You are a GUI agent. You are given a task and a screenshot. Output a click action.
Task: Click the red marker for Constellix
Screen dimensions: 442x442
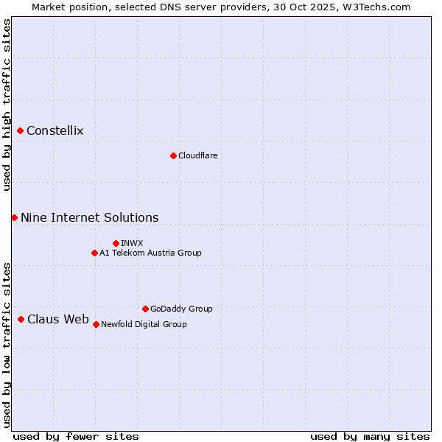[x=21, y=131]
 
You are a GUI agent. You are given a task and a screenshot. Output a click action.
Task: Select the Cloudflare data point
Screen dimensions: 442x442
[x=173, y=155]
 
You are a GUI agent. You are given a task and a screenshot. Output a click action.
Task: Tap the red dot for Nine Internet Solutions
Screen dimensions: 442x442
[x=15, y=217]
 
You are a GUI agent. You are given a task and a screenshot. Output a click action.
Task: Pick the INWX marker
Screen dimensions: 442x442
[x=116, y=243]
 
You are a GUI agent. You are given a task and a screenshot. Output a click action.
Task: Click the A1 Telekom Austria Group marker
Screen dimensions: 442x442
[x=94, y=253]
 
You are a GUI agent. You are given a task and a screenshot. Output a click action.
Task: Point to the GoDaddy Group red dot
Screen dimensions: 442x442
[x=145, y=309]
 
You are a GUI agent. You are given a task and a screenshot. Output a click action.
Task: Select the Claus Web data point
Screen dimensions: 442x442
[x=21, y=319]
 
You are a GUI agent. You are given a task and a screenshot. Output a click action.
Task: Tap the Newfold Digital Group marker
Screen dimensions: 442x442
[x=96, y=324]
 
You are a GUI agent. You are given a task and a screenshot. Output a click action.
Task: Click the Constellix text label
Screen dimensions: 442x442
[x=55, y=131]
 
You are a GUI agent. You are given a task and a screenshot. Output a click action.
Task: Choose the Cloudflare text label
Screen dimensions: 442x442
[x=198, y=155]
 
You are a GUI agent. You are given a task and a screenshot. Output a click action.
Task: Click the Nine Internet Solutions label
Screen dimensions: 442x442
[x=90, y=217]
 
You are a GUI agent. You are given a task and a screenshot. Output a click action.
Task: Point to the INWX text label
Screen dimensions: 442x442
[x=132, y=243]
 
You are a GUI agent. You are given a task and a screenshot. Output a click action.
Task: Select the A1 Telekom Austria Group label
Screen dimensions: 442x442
[x=150, y=253]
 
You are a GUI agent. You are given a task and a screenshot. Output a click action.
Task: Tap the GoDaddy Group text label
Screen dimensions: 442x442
[x=181, y=309]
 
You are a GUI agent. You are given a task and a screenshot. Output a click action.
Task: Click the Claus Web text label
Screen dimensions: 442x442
[x=58, y=319]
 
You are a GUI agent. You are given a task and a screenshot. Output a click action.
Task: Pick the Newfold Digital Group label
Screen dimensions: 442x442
[x=144, y=324]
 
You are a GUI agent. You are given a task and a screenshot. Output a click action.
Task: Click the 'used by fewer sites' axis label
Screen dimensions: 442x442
[x=76, y=436]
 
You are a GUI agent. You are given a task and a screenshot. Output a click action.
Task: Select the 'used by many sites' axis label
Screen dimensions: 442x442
[x=370, y=436]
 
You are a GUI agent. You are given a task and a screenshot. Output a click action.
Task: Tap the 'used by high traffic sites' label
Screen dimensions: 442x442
[x=7, y=105]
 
